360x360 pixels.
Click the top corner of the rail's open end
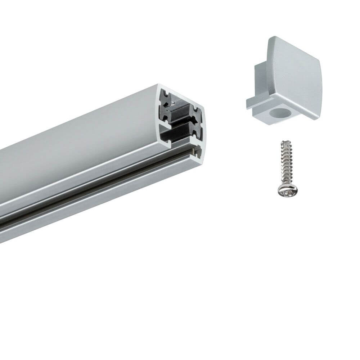[x=158, y=86]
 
